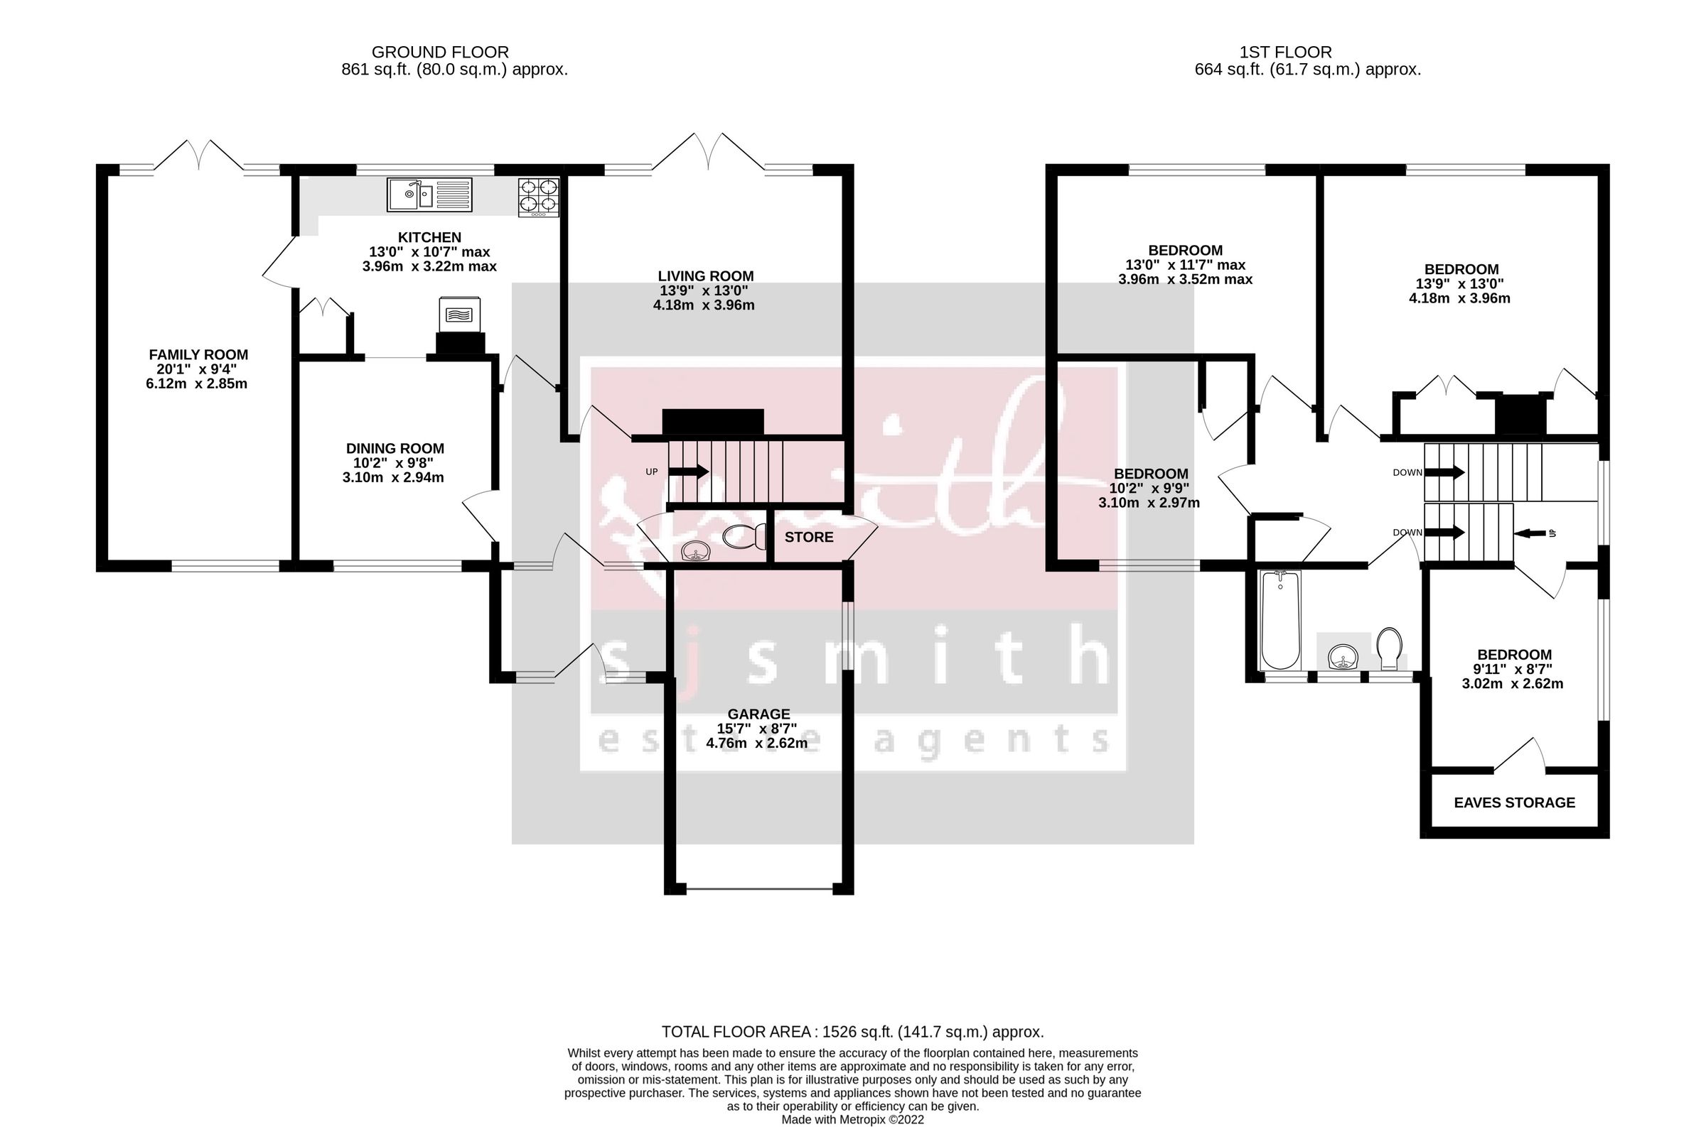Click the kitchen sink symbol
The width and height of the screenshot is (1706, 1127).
(x=429, y=194)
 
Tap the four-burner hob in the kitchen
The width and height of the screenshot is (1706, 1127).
(x=539, y=197)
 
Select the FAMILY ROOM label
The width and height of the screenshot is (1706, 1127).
(x=198, y=354)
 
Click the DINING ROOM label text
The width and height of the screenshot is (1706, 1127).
(x=395, y=449)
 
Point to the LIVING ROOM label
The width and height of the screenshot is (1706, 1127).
(x=706, y=276)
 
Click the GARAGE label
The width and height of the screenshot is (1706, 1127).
(x=758, y=714)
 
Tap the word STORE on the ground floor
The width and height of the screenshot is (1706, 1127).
(x=808, y=537)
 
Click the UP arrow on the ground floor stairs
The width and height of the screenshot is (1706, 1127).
(x=688, y=472)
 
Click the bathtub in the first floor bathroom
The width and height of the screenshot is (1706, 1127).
(x=1280, y=619)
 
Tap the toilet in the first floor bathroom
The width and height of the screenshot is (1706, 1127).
(x=1390, y=646)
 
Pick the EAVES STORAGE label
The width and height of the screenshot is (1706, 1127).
(x=1514, y=802)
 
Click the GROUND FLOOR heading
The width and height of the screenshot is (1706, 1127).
(x=440, y=52)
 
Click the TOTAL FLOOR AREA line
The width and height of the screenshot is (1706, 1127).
(x=852, y=1032)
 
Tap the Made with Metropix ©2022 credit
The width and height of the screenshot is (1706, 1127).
(x=852, y=1119)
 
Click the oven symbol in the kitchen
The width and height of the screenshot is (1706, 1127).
(x=459, y=314)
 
